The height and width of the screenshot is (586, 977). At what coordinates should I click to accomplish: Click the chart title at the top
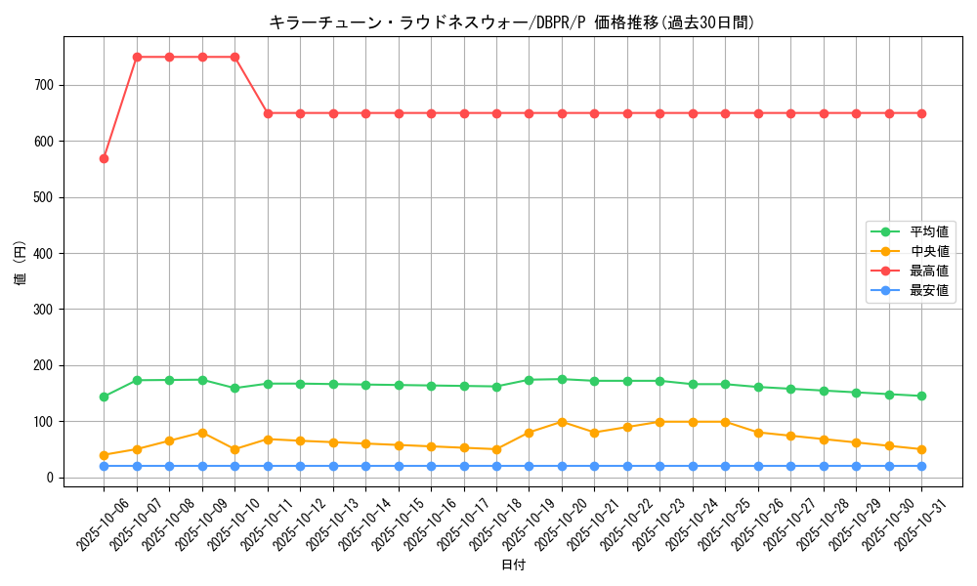tap(512, 22)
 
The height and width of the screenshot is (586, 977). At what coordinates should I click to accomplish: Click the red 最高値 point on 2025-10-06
tap(104, 158)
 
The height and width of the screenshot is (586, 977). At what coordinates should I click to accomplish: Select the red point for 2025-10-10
tap(234, 57)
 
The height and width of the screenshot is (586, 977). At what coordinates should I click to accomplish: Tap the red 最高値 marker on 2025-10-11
tap(268, 113)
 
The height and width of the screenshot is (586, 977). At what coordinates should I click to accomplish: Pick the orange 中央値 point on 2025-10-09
tap(202, 433)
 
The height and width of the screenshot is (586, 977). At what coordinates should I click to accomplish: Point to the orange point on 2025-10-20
tap(562, 422)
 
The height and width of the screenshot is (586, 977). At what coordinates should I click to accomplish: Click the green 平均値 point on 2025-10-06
tap(104, 397)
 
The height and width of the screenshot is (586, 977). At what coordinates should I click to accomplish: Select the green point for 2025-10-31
tap(921, 396)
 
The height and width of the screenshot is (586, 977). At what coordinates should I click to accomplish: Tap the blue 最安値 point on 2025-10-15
tap(399, 466)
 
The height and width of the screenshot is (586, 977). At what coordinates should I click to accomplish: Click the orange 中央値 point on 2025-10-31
tap(921, 449)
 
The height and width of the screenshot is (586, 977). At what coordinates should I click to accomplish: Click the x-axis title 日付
tap(513, 565)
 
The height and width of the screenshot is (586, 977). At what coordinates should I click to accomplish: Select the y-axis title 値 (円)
tap(20, 264)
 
